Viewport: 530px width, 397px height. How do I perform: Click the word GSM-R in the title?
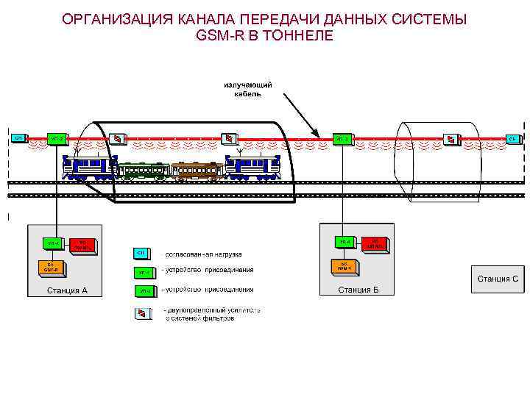click(x=222, y=35)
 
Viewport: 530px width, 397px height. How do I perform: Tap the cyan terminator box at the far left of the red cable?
click(x=18, y=137)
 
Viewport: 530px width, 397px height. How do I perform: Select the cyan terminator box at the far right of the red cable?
click(x=513, y=138)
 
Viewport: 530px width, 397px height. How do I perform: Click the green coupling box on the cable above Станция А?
click(x=57, y=138)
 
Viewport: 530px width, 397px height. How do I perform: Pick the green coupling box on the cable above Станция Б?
click(x=342, y=138)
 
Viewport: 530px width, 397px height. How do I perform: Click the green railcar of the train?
click(x=144, y=171)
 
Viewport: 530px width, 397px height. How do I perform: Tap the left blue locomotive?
click(x=90, y=167)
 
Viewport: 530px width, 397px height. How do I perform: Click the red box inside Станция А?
click(x=82, y=244)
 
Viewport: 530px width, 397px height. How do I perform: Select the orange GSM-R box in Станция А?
click(x=52, y=266)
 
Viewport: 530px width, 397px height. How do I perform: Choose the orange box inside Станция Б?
click(x=343, y=265)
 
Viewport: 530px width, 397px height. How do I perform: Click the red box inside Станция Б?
click(x=375, y=243)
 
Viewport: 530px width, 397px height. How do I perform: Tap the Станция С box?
click(x=498, y=279)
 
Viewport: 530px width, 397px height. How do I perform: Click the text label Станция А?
click(x=67, y=290)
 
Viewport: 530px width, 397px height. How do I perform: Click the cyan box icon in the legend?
click(x=141, y=254)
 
